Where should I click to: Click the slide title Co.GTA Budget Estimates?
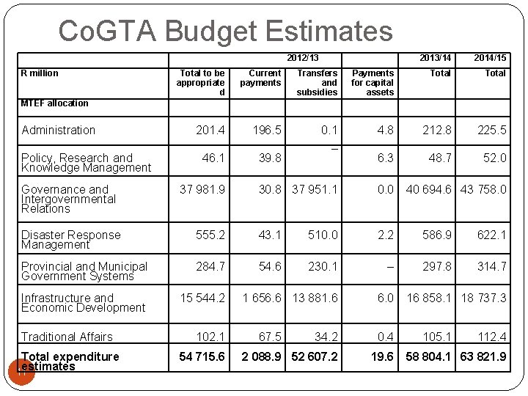(x=226, y=31)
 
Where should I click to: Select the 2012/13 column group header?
(x=303, y=58)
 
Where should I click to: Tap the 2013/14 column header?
(x=435, y=58)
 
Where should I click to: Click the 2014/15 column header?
(x=489, y=58)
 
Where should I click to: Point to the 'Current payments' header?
(x=260, y=78)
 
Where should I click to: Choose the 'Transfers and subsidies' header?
(x=317, y=82)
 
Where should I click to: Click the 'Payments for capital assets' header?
(x=373, y=82)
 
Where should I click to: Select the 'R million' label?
(x=40, y=73)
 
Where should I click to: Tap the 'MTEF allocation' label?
(x=54, y=103)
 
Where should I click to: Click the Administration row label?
(x=59, y=131)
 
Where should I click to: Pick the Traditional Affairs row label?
(x=67, y=337)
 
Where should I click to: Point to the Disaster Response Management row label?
(x=70, y=240)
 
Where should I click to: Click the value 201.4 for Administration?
(x=210, y=131)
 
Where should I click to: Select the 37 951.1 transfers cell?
(x=315, y=189)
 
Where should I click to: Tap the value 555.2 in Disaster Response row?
(x=210, y=235)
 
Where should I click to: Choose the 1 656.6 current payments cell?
(x=261, y=298)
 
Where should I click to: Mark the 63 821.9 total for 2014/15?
(x=483, y=357)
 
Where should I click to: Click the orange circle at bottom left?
(x=21, y=371)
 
